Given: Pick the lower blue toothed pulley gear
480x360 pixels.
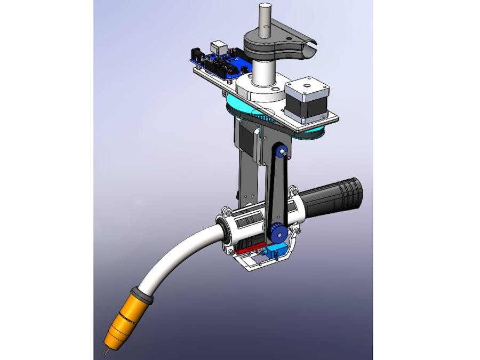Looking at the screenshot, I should (277, 233).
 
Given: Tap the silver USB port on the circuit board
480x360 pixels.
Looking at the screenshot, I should (218, 47).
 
